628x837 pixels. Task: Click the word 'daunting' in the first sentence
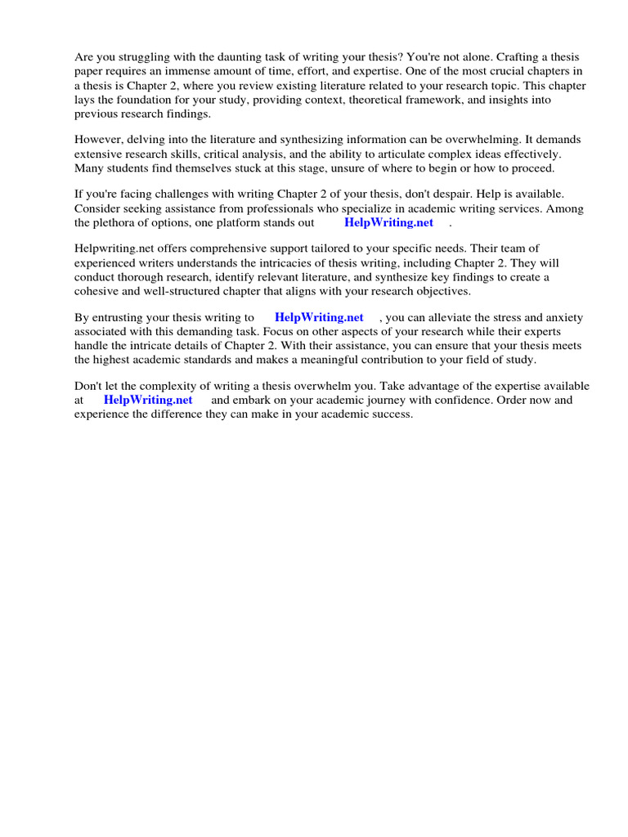tap(231, 57)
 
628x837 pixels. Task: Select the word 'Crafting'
tap(499, 57)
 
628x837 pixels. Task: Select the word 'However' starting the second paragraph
tap(96, 140)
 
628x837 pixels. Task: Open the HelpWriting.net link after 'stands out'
tap(388, 222)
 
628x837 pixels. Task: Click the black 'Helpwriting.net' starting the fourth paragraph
tap(112, 248)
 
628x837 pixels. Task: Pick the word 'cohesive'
tap(96, 290)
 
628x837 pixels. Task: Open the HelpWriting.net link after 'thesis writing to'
tap(319, 317)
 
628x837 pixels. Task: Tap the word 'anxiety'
tap(562, 317)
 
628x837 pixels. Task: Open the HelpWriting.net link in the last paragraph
tap(148, 400)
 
